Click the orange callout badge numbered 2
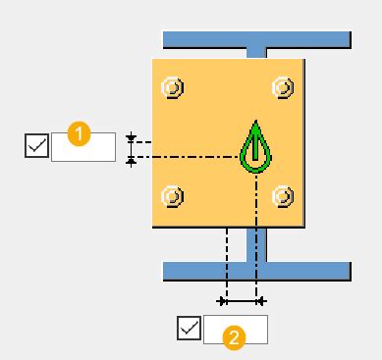pyautogui.click(x=234, y=337)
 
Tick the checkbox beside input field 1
pyautogui.click(x=36, y=146)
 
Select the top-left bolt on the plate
pyautogui.click(x=173, y=87)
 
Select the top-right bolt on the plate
pyautogui.click(x=283, y=87)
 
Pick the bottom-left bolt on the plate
pyautogui.click(x=173, y=195)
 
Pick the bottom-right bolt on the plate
pyautogui.click(x=283, y=195)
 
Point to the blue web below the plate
pyautogui.click(x=256, y=245)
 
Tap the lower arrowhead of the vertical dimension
pyautogui.click(x=131, y=160)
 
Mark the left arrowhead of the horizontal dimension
pyautogui.click(x=223, y=300)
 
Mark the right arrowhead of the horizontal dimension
pyautogui.click(x=260, y=300)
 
